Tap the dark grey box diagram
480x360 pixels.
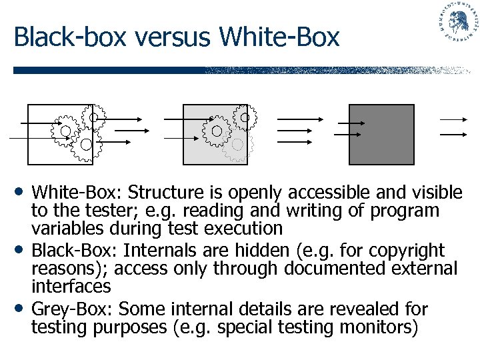click(x=381, y=134)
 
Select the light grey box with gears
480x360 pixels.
click(x=215, y=134)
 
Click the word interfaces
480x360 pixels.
click(x=71, y=287)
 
